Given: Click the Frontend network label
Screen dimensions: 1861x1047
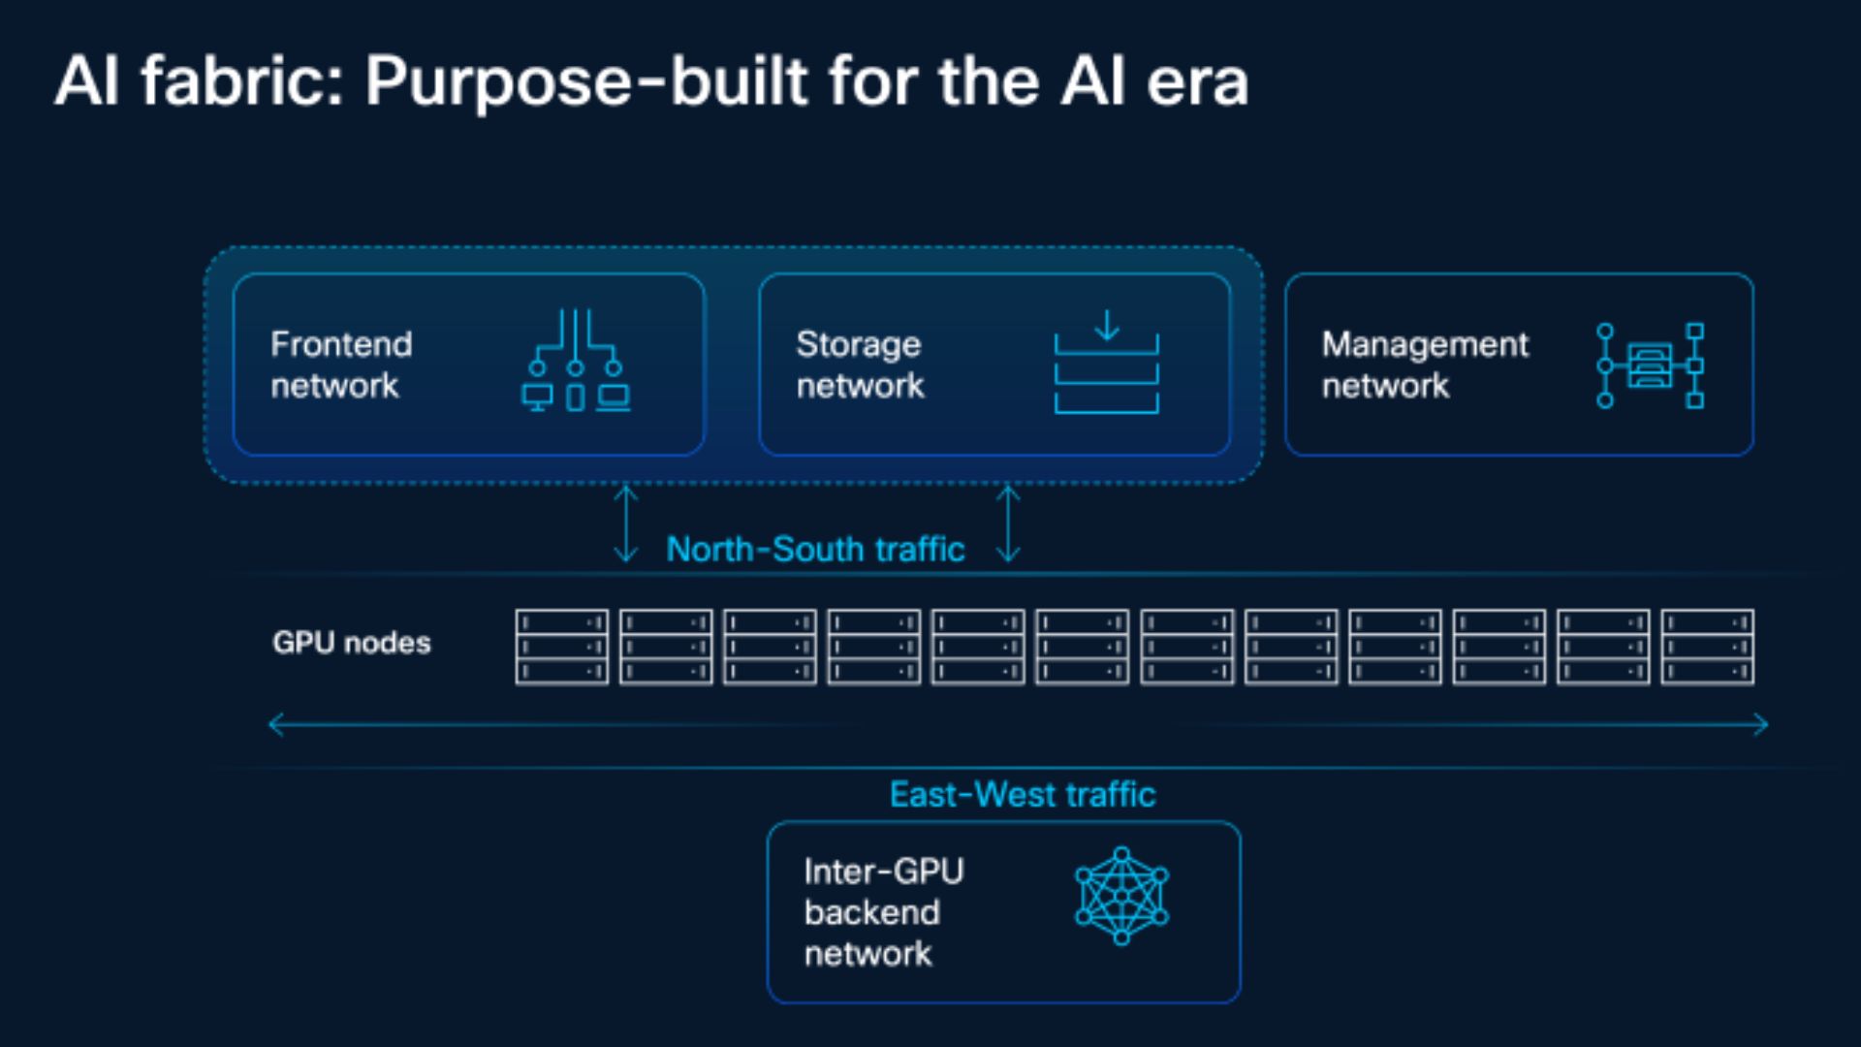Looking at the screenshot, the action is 341,365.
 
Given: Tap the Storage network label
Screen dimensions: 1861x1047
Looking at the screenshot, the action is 860,365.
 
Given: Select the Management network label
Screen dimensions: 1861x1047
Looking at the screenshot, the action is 1425,365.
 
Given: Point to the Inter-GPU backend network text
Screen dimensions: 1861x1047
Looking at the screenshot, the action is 883,912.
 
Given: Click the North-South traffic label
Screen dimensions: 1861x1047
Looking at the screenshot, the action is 815,549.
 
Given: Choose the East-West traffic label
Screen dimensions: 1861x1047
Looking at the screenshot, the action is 1023,794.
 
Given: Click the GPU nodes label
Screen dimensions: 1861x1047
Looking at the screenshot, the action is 351,643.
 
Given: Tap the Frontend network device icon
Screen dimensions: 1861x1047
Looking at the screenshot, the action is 576,361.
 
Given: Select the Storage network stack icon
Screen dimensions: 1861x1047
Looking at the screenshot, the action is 1106,361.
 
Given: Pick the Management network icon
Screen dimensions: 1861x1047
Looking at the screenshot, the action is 1650,365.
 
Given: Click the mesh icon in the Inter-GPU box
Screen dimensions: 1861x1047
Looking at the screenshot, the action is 1121,896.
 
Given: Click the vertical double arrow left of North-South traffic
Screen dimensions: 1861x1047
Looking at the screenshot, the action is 626,523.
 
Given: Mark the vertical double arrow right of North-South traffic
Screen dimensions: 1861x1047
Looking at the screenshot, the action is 1008,523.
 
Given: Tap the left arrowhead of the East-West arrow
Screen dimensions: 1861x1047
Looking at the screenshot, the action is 275,724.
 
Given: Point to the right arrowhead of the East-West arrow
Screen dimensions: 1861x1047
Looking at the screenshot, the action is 1761,724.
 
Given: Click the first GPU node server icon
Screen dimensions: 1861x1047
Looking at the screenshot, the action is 562,647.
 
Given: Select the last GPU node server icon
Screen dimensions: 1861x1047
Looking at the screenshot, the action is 1707,647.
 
